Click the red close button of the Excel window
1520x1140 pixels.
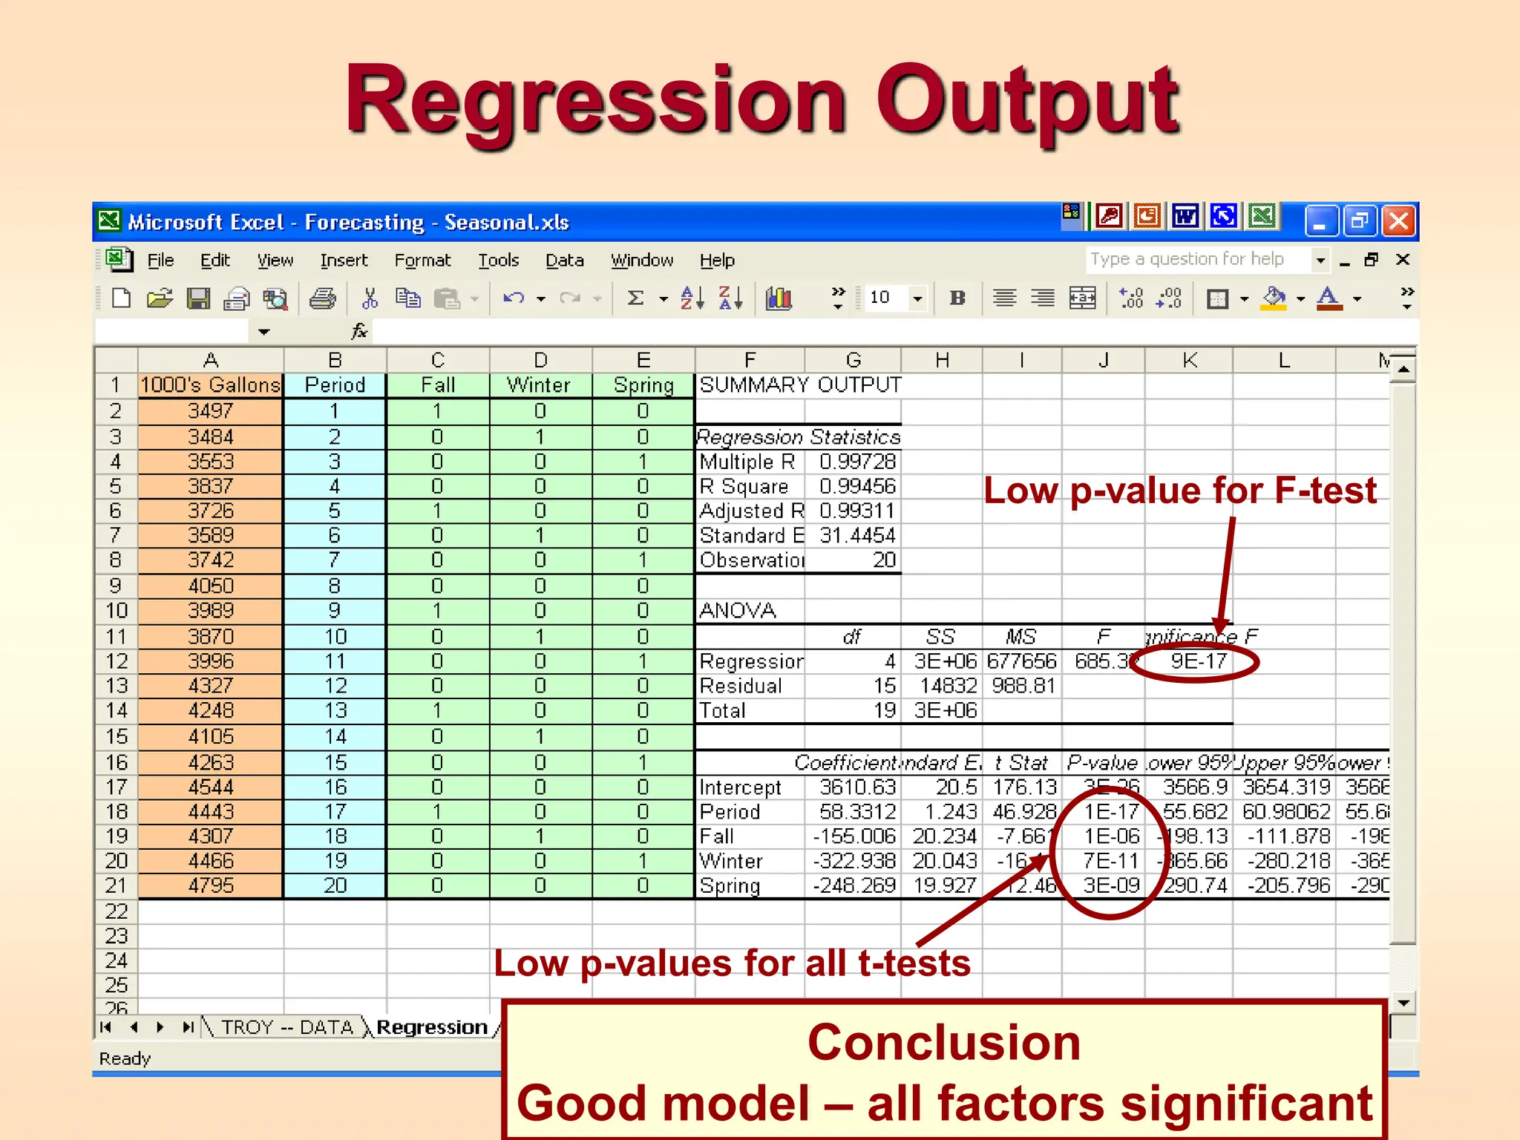pos(1398,221)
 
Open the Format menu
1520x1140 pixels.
pos(422,261)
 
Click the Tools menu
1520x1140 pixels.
pos(498,261)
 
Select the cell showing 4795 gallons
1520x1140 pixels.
pos(211,885)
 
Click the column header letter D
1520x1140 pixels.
pos(540,361)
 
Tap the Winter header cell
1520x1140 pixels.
pos(540,385)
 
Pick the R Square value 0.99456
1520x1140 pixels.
pos(857,486)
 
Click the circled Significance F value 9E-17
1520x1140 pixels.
pos(1198,661)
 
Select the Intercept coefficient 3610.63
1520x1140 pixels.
pos(857,787)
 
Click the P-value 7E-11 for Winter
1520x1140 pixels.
pos(1110,861)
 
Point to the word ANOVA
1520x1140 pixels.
pos(737,611)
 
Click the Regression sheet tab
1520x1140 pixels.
pos(432,1027)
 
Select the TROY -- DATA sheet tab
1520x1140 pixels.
pos(287,1027)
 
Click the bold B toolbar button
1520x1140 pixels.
pos(957,298)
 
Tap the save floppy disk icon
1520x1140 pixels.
pos(197,298)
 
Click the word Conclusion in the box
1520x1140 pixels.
pos(943,1043)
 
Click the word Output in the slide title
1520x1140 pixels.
pos(1027,100)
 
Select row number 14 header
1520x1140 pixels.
pos(117,711)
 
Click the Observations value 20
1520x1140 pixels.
pos(883,560)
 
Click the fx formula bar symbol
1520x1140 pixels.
pos(359,331)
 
